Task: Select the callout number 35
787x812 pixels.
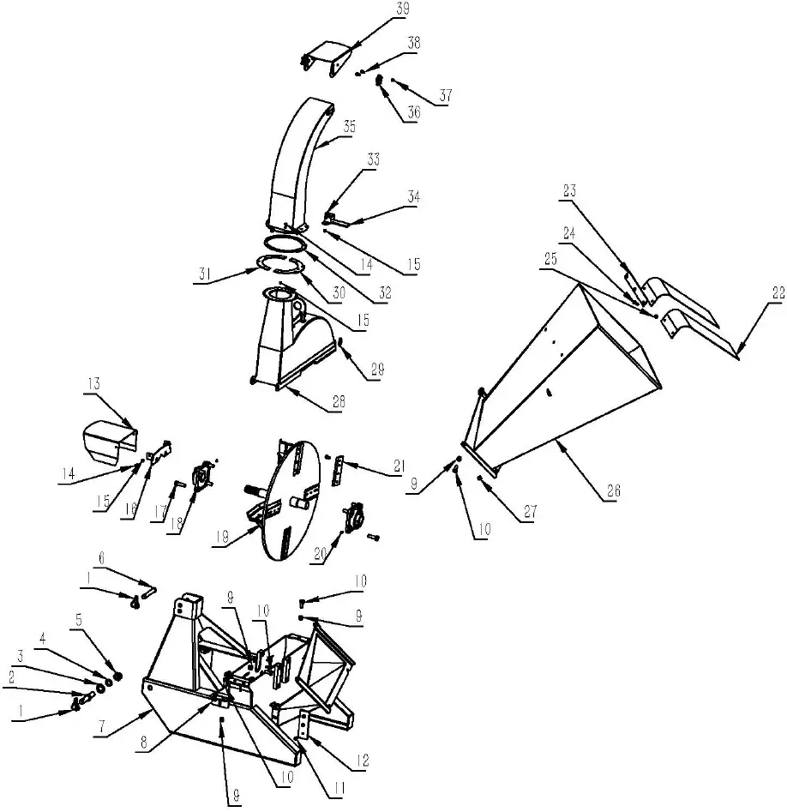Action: point(349,126)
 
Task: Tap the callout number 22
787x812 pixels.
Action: point(778,292)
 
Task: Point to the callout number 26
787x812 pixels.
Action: point(614,491)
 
